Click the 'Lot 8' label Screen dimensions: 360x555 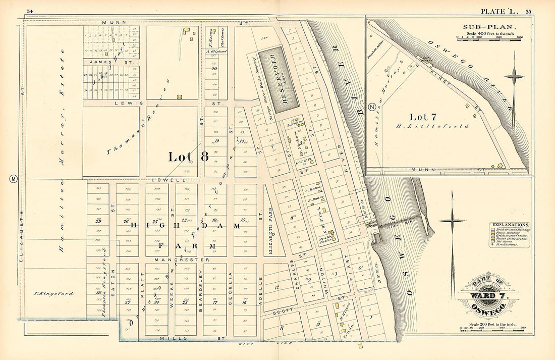(188, 157)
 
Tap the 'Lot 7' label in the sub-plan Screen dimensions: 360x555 (423, 117)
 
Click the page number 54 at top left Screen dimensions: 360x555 (30, 11)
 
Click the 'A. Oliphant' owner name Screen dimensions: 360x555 (215, 50)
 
